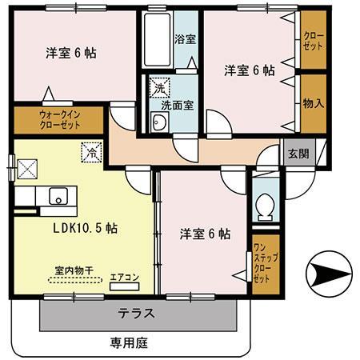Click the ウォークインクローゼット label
(x=58, y=120)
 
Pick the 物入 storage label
(x=312, y=102)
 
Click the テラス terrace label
(x=136, y=314)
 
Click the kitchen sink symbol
(x=58, y=197)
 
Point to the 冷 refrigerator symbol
(x=90, y=150)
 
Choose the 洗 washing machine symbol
(x=159, y=87)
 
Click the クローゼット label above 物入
(x=312, y=40)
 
